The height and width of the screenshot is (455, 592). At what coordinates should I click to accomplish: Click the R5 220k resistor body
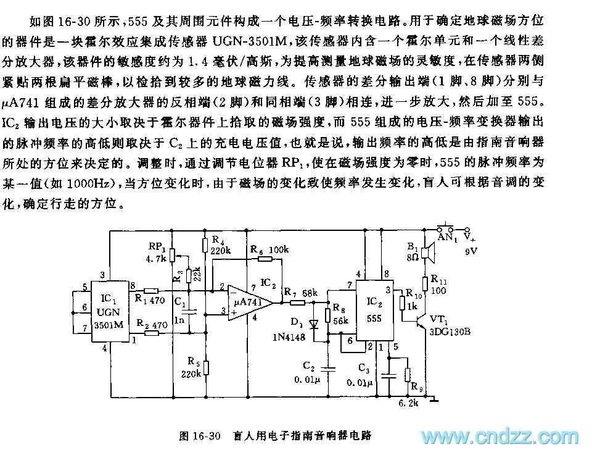pyautogui.click(x=207, y=368)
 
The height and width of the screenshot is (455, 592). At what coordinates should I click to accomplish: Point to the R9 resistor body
pyautogui.click(x=407, y=375)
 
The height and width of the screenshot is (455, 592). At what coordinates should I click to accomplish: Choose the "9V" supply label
pyautogui.click(x=472, y=251)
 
